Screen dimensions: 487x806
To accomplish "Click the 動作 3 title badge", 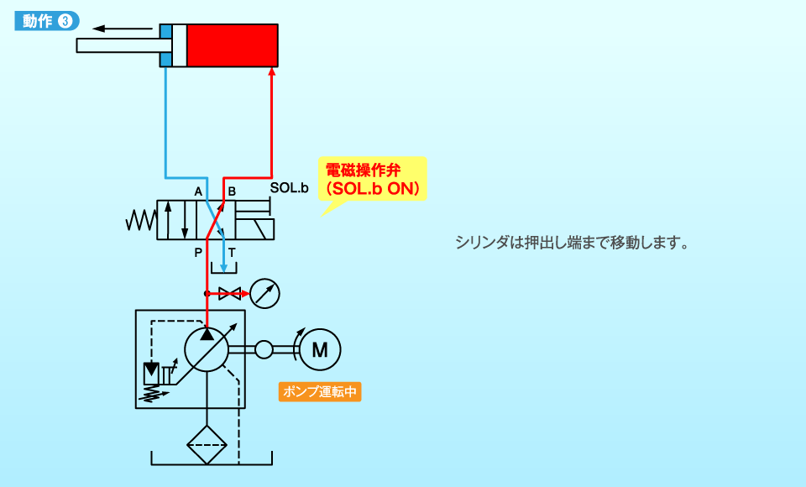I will point(47,23).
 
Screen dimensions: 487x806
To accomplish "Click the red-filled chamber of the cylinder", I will point(232,45).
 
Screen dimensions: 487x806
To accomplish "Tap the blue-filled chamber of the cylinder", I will point(165,45).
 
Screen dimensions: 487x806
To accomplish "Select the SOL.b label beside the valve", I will point(289,188).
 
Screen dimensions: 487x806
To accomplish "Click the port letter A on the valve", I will point(199,191).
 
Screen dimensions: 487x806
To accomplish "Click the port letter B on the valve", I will point(232,191).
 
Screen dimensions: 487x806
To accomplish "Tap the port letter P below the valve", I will point(198,251).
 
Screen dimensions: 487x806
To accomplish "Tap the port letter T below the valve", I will point(232,251).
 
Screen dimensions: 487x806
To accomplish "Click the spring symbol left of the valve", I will point(141,220).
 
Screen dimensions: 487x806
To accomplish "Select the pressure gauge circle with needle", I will point(264,294).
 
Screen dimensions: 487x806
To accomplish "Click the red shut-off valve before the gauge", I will point(228,294).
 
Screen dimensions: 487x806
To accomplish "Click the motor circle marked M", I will point(320,349).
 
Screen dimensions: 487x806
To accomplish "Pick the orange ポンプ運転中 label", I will point(320,392).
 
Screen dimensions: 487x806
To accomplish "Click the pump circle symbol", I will point(207,348).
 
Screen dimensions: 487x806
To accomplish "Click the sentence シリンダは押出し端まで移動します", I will point(572,243).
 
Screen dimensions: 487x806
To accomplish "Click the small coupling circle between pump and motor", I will point(264,348).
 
